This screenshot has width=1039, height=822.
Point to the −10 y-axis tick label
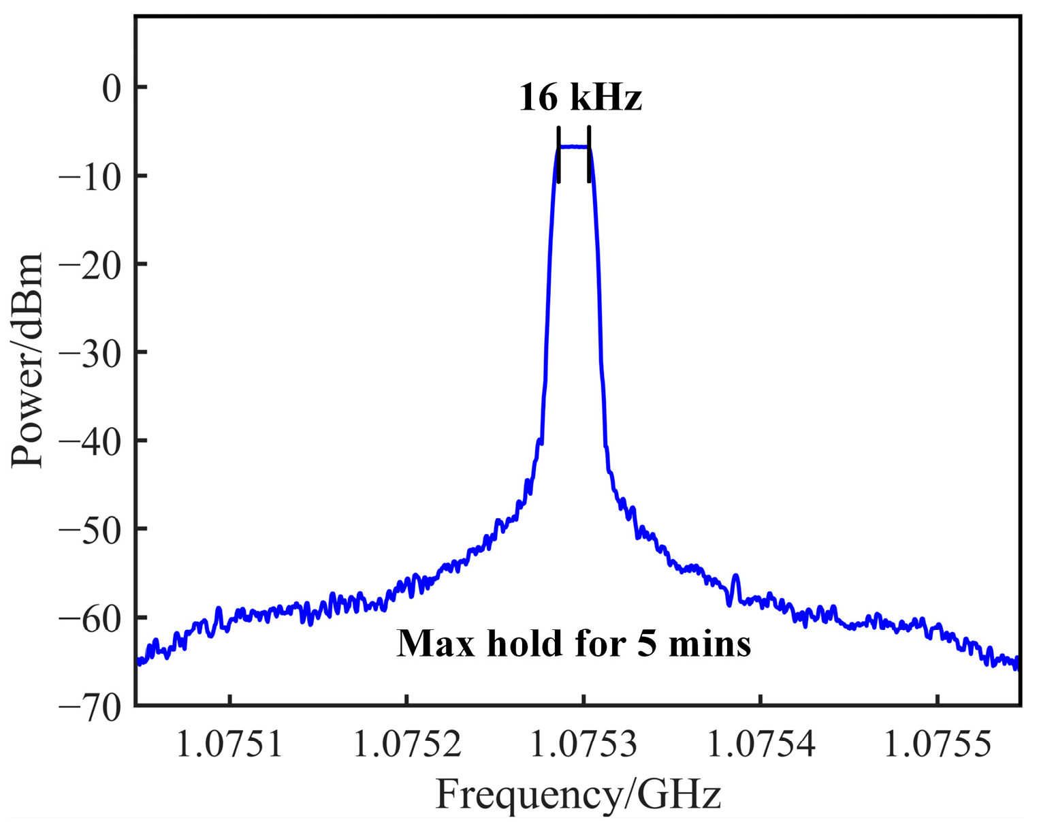pos(93,176)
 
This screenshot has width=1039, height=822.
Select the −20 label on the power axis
pos(93,265)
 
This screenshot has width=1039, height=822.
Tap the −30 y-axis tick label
pos(93,353)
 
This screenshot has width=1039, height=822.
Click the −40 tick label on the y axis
pos(93,441)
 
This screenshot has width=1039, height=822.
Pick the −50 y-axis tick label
pos(93,529)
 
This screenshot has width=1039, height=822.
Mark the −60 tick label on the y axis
pos(93,618)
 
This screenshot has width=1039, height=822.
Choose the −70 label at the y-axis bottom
pos(93,706)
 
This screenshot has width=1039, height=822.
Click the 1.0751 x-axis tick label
pos(230,744)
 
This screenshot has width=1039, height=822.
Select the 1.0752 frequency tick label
pos(406,744)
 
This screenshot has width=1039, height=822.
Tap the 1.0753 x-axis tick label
pos(584,744)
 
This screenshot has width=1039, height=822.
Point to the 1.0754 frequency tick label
pos(761,744)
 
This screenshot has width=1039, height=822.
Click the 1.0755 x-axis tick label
pos(937,744)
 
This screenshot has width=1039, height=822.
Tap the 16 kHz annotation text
pos(580,98)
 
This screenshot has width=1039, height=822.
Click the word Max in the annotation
pos(427,644)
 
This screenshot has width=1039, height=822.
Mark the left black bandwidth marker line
pos(559,155)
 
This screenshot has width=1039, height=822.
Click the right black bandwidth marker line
pos(589,155)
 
